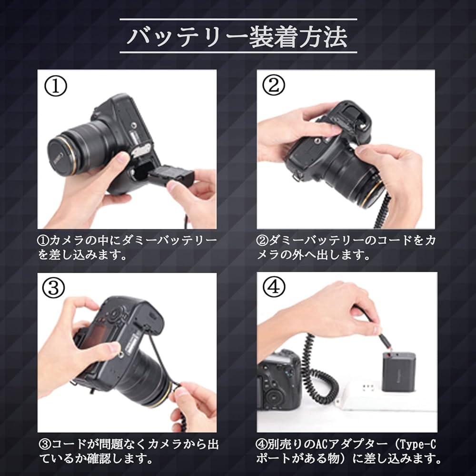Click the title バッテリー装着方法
(x=238, y=37)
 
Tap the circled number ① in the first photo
(x=56, y=86)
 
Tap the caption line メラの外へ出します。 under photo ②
(x=314, y=255)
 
